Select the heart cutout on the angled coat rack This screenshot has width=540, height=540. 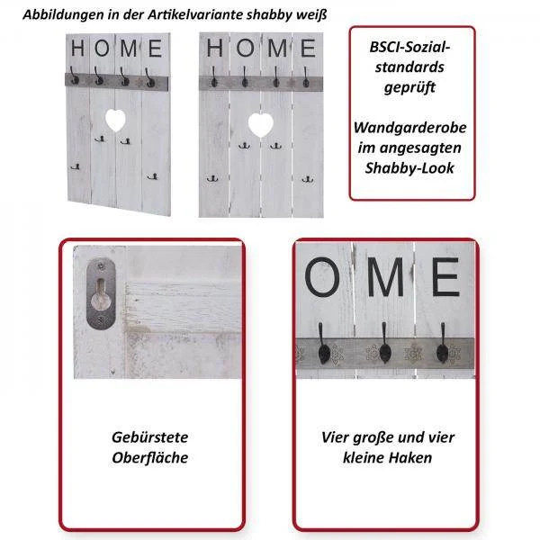click(115, 120)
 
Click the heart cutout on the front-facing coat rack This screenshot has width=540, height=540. click(261, 124)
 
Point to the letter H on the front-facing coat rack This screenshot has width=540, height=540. click(214, 48)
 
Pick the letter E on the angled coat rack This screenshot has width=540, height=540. click(155, 49)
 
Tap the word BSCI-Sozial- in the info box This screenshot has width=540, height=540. click(409, 47)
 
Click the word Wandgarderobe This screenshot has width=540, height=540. click(409, 128)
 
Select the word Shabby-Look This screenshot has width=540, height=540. click(409, 168)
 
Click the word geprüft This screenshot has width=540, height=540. click(409, 87)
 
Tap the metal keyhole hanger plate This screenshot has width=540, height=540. click(101, 293)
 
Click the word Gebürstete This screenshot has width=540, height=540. click(150, 437)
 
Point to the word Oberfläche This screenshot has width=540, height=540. click(150, 458)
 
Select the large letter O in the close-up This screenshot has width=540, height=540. click(322, 277)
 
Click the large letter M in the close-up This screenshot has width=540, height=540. click(385, 277)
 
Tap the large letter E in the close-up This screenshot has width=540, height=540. click(445, 277)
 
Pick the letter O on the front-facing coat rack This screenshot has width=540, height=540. click(246, 48)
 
